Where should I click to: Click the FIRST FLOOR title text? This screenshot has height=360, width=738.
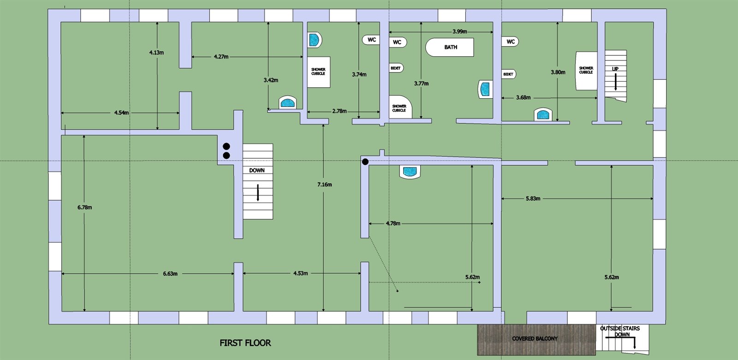tap(245, 343)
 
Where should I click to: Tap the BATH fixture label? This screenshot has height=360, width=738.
tap(450, 47)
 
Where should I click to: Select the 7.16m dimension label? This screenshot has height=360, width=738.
tap(325, 185)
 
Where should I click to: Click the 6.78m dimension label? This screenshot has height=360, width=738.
tap(85, 207)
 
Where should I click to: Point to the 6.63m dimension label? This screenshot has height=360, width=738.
tap(170, 274)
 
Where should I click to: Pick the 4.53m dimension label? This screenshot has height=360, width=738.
tap(300, 273)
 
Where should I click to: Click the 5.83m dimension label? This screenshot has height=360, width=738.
tap(533, 198)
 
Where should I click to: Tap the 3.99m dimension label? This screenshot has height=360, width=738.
tap(459, 32)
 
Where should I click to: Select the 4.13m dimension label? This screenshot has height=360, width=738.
tap(156, 53)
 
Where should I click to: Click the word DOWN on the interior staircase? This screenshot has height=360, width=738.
tap(256, 170)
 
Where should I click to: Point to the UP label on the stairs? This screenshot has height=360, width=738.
tap(615, 69)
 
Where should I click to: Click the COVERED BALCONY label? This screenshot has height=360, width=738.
tap(535, 339)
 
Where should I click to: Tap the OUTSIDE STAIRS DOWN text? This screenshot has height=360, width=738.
tap(620, 331)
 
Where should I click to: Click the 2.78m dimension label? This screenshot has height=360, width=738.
tap(339, 111)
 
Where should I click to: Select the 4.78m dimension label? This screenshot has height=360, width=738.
tap(393, 223)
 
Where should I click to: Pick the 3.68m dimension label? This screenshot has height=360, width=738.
tap(523, 97)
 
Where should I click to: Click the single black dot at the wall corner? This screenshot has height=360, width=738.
tap(365, 162)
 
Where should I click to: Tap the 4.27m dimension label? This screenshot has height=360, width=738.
tap(221, 57)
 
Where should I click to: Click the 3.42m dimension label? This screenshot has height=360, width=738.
tap(271, 80)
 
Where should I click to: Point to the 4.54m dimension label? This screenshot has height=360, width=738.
tap(122, 113)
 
